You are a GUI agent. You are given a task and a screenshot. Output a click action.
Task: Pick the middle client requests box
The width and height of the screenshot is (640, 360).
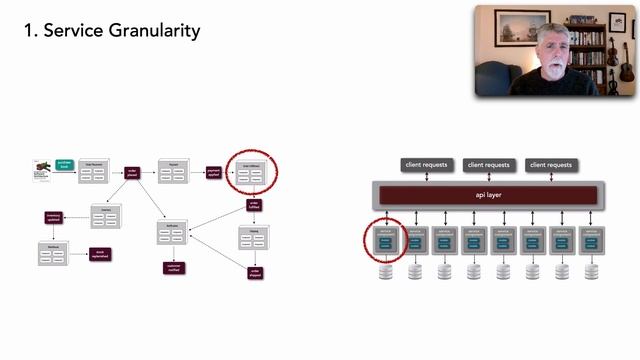(x=488, y=164)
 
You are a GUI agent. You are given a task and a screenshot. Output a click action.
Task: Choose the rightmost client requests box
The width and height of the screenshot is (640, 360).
(x=551, y=164)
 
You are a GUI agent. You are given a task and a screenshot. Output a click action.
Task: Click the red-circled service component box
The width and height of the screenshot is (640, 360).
(x=386, y=241)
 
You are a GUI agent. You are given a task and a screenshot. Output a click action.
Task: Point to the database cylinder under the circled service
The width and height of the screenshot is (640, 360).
(x=386, y=271)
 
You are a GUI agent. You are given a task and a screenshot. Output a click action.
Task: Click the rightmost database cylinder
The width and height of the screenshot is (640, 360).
(x=591, y=271)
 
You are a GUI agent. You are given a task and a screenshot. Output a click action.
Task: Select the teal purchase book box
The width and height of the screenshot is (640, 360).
(x=62, y=165)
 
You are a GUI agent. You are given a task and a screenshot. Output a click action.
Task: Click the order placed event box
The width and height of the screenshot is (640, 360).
(x=132, y=173)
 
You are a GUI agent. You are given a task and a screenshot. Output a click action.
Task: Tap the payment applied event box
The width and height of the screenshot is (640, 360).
(x=213, y=173)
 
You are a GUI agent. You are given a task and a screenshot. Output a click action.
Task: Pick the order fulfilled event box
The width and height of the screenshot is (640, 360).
(x=254, y=206)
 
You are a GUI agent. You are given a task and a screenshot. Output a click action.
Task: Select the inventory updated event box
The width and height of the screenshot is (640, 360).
(x=54, y=217)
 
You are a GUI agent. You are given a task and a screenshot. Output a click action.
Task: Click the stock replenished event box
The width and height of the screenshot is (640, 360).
(x=98, y=254)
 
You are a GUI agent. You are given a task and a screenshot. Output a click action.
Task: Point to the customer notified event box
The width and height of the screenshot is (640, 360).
(x=173, y=268)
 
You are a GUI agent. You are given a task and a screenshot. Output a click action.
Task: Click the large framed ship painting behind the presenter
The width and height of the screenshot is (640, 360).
(x=522, y=27)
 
